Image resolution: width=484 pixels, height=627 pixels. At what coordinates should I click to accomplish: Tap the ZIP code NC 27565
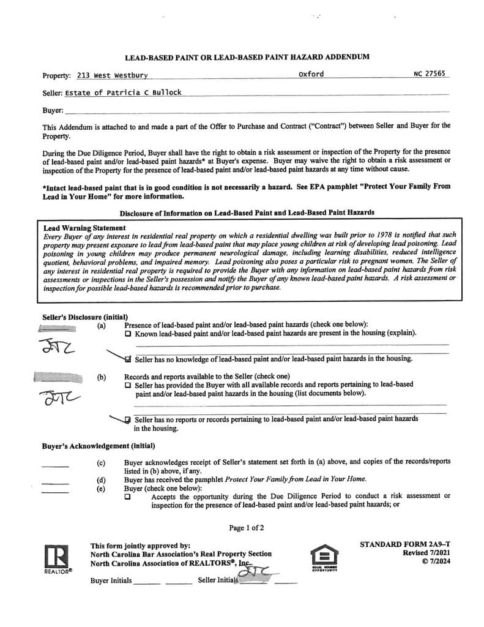click(x=430, y=74)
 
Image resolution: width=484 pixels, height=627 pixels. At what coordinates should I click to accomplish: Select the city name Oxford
click(x=311, y=74)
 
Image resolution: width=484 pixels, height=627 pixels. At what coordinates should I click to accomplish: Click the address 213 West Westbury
click(x=112, y=76)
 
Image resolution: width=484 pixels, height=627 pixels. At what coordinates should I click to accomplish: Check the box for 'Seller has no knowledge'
click(x=127, y=359)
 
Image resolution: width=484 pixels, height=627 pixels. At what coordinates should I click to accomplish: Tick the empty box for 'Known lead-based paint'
click(x=127, y=334)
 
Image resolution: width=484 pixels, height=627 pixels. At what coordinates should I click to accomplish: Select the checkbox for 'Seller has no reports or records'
click(x=127, y=419)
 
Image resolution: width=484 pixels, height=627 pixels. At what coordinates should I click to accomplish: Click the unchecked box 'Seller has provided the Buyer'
click(x=127, y=385)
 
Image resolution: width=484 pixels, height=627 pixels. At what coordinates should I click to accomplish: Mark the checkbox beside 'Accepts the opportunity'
click(x=127, y=497)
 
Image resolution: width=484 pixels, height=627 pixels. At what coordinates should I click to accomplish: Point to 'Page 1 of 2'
click(x=247, y=528)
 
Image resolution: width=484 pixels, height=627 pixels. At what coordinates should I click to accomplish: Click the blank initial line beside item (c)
click(x=55, y=466)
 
